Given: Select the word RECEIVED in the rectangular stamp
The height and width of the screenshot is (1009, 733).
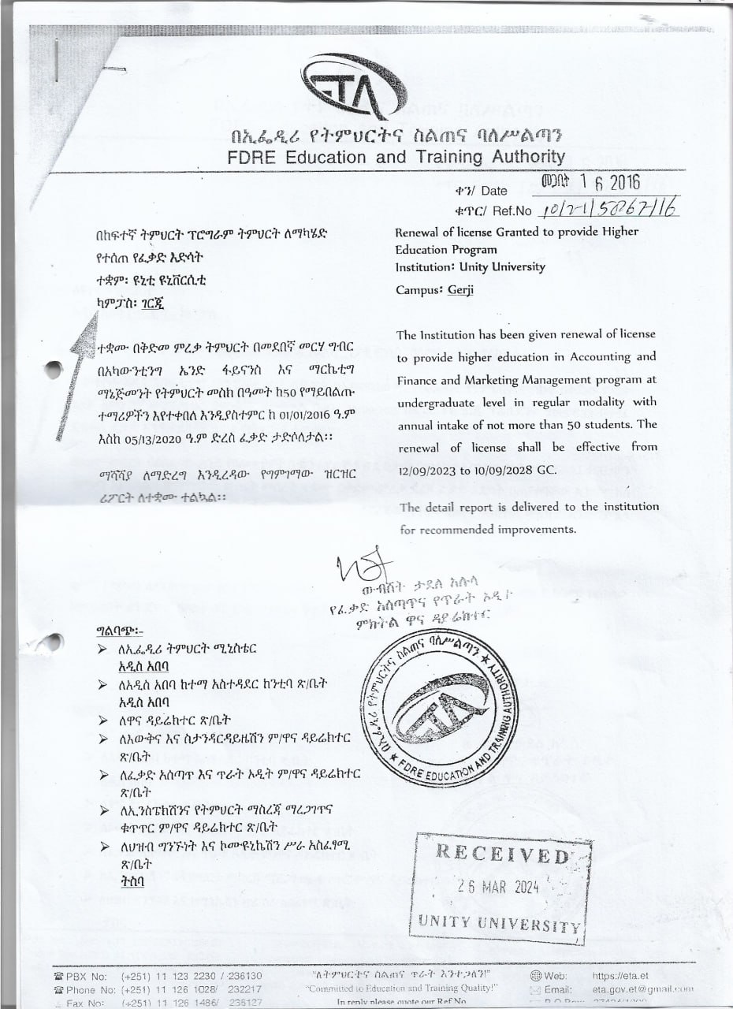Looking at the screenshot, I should (x=501, y=854).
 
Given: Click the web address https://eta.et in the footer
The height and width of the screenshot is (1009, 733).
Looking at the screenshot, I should (x=619, y=976).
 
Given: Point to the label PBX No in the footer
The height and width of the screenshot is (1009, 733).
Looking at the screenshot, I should (x=87, y=976).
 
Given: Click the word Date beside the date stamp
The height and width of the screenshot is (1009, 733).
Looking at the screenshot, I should (x=493, y=191).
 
